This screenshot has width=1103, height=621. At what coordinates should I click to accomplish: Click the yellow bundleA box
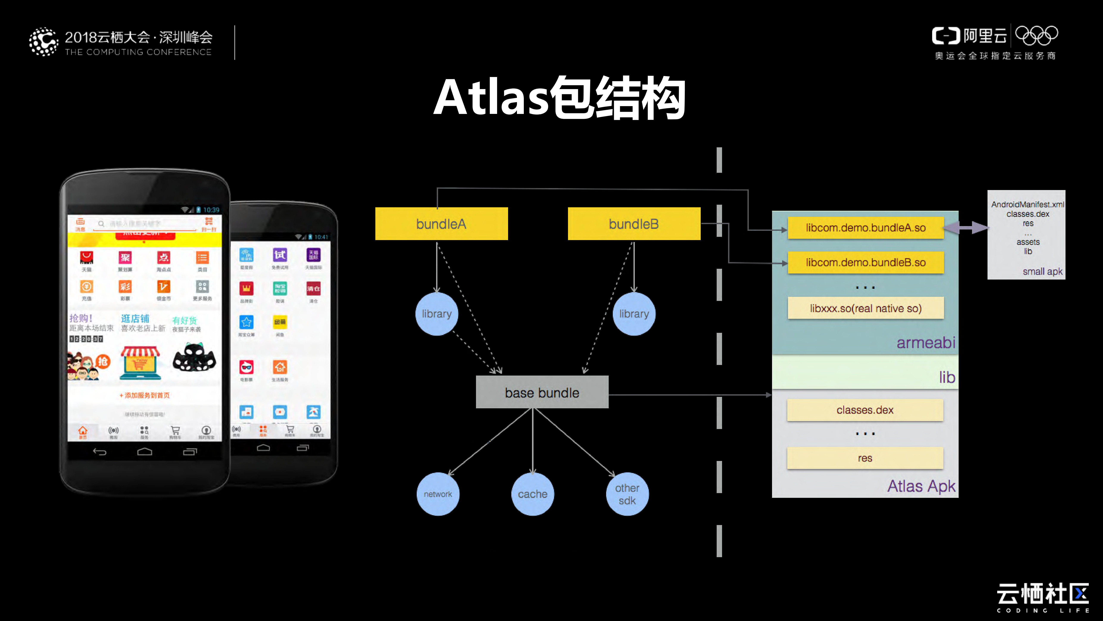441,224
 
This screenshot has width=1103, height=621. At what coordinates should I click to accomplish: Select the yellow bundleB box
634,224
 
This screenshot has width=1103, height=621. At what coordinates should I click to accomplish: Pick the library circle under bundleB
634,314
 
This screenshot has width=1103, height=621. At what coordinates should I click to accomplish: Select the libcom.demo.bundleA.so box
865,228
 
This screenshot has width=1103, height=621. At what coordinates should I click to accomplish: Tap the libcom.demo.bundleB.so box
865,262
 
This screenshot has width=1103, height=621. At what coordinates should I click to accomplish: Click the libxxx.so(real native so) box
865,308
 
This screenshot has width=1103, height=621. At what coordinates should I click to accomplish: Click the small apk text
1042,271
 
